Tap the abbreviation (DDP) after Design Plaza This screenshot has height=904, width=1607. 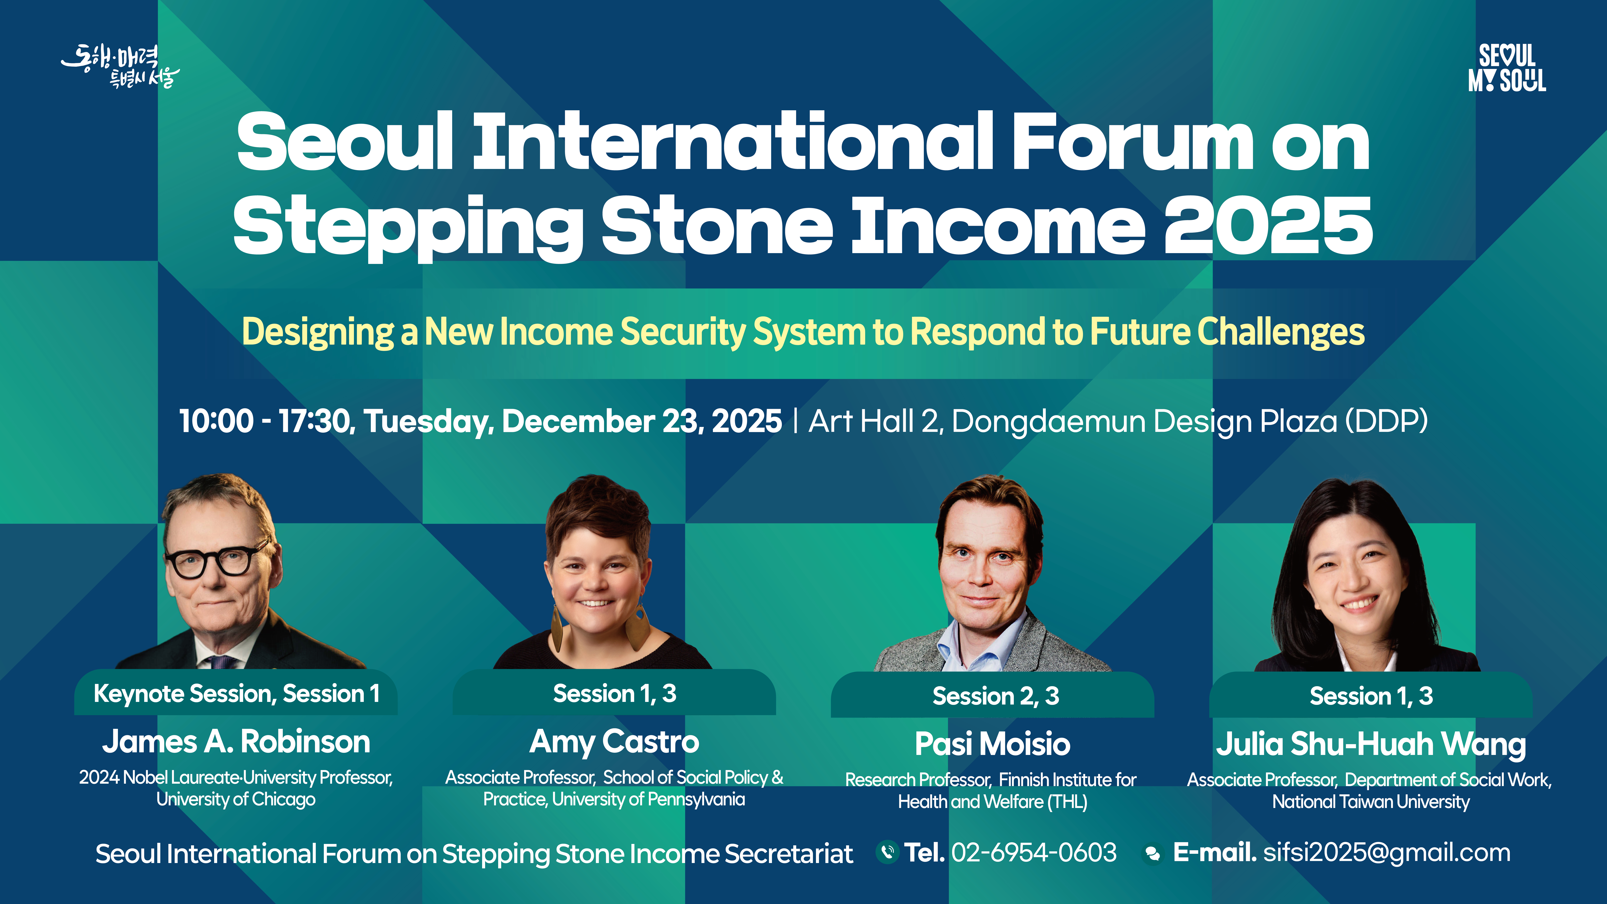(x=1386, y=422)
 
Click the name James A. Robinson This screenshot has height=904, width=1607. (x=236, y=742)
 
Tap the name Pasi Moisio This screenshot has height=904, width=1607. (x=993, y=744)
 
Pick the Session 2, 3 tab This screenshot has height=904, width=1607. (x=993, y=695)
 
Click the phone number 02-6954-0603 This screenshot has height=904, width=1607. (x=1034, y=852)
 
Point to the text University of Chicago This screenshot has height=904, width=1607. (x=236, y=799)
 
